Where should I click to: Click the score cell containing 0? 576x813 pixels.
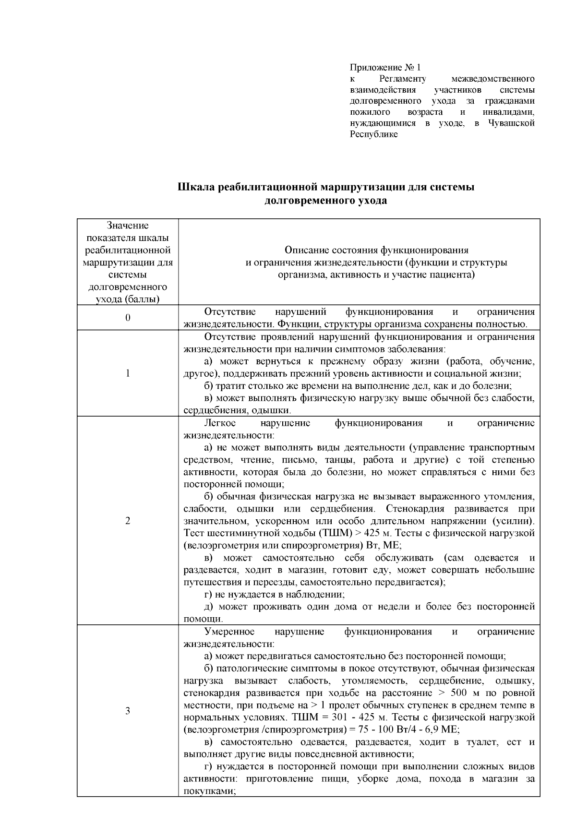click(128, 318)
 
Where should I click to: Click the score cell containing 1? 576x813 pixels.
click(128, 373)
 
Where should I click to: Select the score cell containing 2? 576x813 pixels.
click(128, 521)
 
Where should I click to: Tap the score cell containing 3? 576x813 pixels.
click(128, 711)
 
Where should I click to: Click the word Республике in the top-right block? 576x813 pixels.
click(373, 134)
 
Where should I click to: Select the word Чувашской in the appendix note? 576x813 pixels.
click(511, 123)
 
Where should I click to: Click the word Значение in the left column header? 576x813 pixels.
click(128, 226)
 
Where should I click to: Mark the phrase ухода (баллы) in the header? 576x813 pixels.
click(128, 299)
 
